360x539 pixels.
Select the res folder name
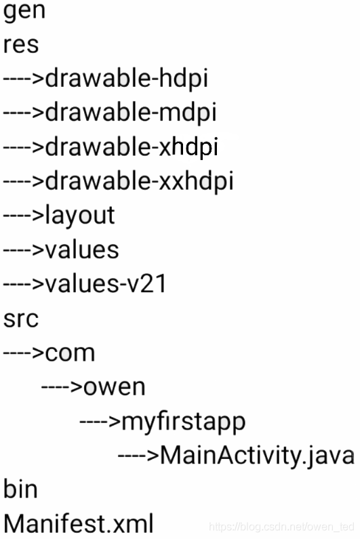tap(20, 45)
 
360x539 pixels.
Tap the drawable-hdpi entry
tap(127, 79)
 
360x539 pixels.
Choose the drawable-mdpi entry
tap(131, 113)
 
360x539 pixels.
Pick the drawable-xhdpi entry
tap(132, 148)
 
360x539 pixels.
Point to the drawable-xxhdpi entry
tap(140, 182)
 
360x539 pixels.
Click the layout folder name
tap(80, 216)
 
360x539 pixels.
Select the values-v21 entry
tap(106, 284)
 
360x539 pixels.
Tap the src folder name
tap(20, 319)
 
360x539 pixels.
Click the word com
tap(70, 353)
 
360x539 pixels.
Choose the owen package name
tap(115, 388)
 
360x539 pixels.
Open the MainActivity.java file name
tap(258, 456)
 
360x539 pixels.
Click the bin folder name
tap(20, 490)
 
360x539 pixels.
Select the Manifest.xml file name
tap(79, 523)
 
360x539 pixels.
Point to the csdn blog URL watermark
tap(281, 526)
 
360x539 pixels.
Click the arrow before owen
tap(62, 388)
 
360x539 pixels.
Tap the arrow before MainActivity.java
tap(138, 456)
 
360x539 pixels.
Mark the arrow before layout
tap(24, 216)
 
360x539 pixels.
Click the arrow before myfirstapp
tap(100, 422)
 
